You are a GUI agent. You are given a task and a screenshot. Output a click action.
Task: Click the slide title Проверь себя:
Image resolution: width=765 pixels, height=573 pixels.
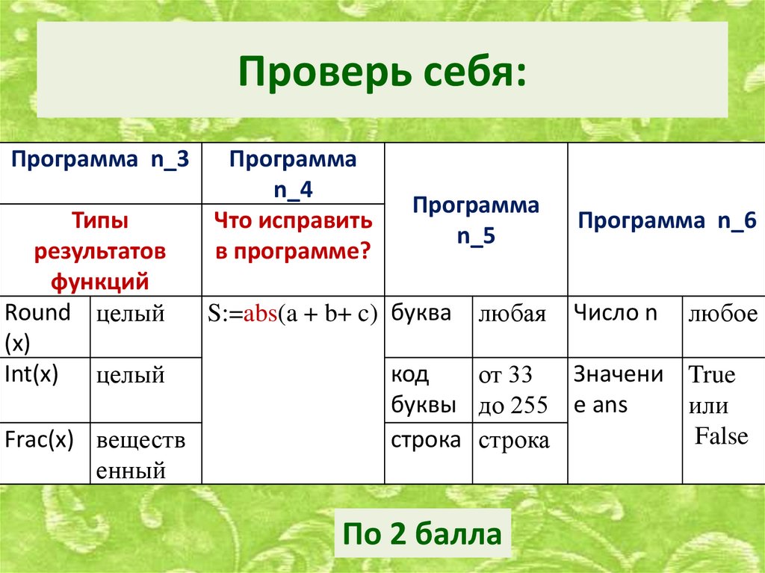382,72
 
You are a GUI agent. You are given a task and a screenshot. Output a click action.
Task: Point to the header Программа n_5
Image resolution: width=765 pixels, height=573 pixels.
475,220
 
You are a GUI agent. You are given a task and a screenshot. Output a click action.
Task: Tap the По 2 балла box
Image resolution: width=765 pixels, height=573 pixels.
422,534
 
